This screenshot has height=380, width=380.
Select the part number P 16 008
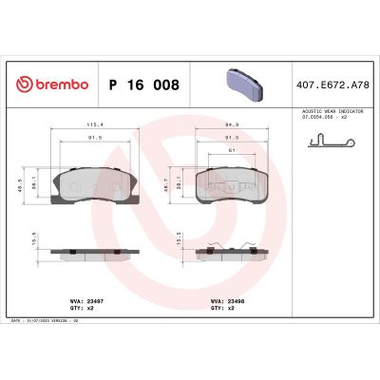[142, 84]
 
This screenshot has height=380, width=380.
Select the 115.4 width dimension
[92, 123]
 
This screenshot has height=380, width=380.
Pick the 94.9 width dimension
[231, 123]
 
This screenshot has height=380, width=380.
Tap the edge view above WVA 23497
[92, 252]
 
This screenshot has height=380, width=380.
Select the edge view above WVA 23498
[231, 252]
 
